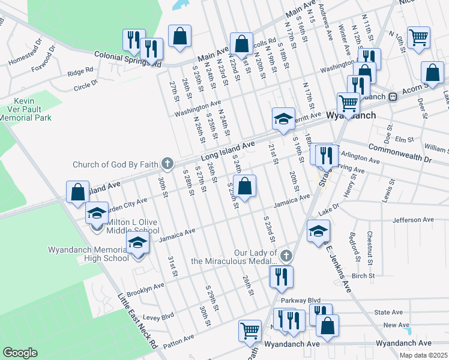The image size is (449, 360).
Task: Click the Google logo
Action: pos(20,353)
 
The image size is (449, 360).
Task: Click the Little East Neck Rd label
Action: pos(136,320)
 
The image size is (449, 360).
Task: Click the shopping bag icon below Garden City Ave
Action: pos(77,193)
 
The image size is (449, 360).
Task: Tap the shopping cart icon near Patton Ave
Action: pos(250,330)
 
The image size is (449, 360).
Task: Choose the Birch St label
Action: pos(363,276)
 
